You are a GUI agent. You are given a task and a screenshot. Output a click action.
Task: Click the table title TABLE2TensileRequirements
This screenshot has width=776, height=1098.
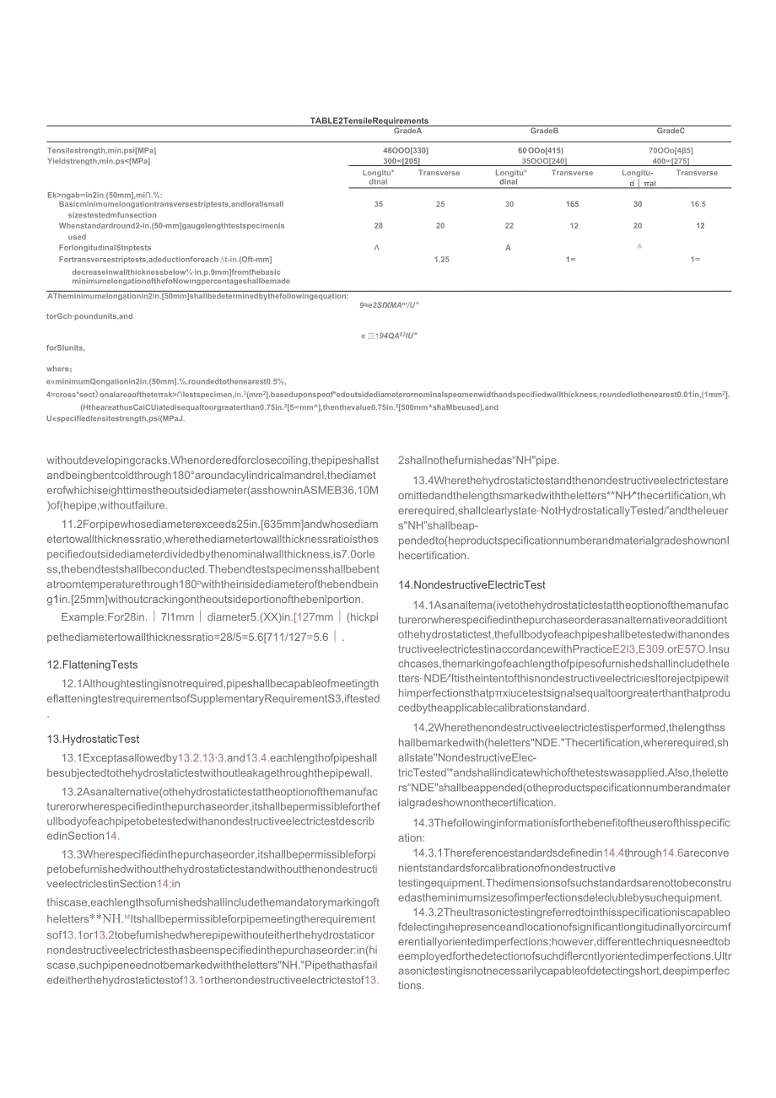click(369, 121)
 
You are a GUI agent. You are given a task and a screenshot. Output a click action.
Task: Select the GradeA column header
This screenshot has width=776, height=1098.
click(407, 131)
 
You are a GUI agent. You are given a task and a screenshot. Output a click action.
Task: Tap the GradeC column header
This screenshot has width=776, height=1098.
click(671, 131)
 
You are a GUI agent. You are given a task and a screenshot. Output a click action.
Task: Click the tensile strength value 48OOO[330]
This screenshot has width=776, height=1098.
click(405, 151)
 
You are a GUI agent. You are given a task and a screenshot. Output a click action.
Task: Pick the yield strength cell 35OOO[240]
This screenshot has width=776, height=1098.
click(544, 160)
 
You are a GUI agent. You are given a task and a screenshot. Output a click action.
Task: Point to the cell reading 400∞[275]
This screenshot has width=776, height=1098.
click(671, 160)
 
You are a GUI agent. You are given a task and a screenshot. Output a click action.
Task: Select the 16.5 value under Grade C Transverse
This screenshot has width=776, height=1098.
click(698, 204)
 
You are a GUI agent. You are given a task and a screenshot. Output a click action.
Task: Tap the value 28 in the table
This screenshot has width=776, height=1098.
click(378, 226)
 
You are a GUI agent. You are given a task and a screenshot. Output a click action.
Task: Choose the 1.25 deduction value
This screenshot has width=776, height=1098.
click(441, 260)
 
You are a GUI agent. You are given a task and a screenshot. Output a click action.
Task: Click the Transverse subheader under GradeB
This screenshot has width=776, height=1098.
click(572, 173)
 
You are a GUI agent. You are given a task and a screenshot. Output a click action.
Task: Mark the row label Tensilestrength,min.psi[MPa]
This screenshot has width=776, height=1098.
click(101, 151)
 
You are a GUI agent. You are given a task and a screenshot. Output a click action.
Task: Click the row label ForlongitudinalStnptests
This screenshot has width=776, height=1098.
click(105, 248)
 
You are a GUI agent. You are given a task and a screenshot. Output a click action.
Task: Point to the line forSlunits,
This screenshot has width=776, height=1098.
click(66, 347)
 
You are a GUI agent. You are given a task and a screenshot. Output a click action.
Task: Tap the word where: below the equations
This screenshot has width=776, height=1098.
click(59, 369)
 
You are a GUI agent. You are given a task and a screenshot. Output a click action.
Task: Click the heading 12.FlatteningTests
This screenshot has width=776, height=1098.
click(92, 665)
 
